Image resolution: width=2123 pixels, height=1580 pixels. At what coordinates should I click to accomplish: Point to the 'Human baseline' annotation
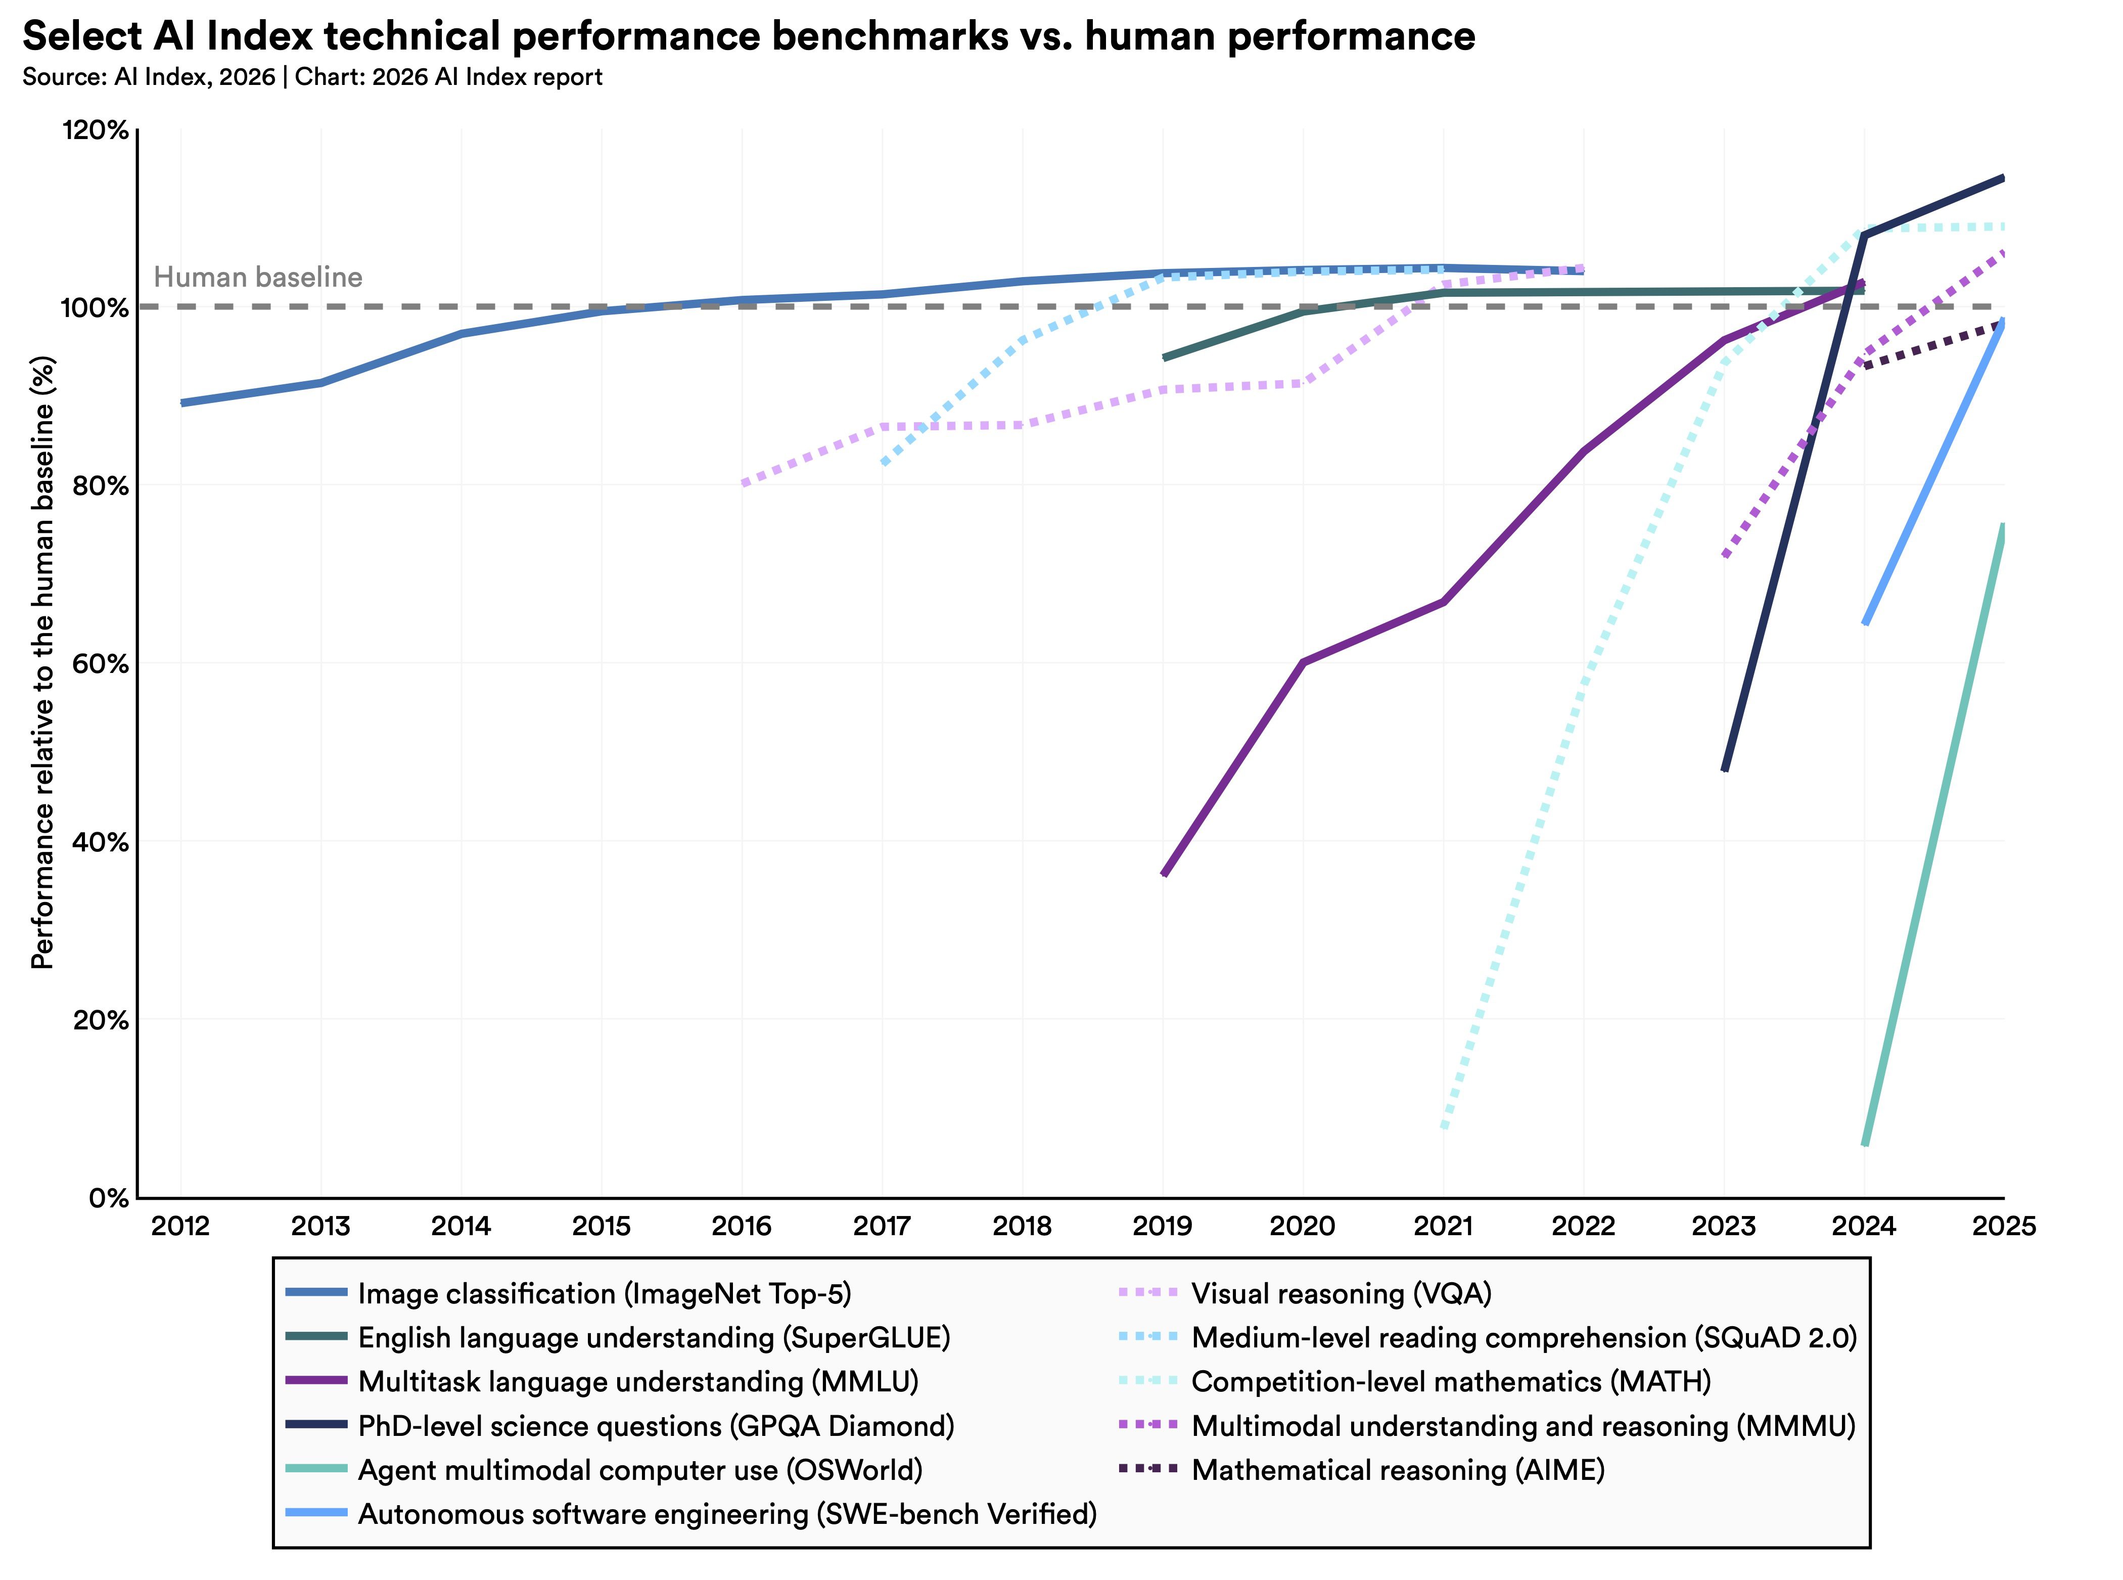[258, 278]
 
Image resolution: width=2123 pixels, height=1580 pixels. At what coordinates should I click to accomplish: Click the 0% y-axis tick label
[108, 1197]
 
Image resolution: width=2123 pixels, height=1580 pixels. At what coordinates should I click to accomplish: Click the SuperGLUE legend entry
[653, 1338]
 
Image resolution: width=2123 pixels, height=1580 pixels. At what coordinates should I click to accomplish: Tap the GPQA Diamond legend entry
[655, 1426]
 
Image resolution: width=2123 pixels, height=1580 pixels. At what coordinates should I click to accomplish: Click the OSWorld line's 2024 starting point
[1865, 1144]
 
